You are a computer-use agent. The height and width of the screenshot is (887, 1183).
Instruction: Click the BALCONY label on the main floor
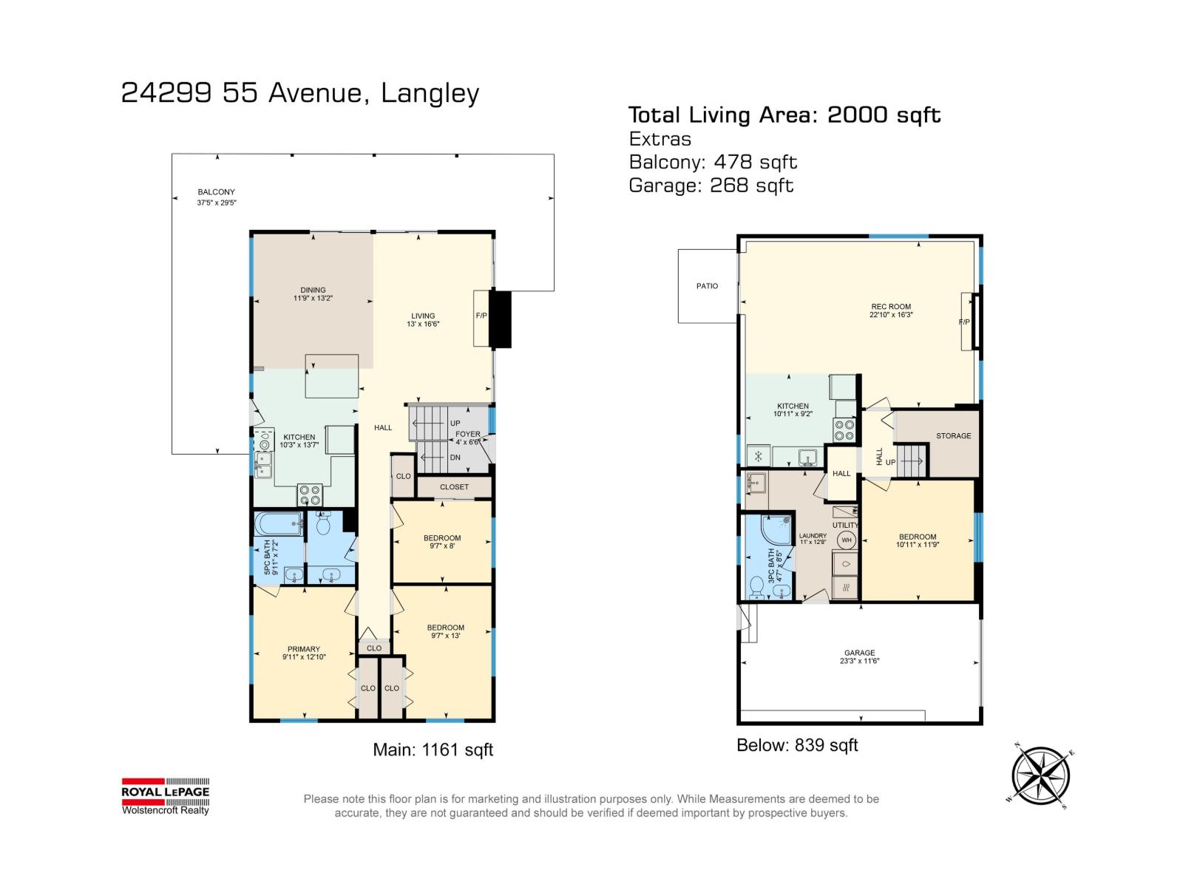[x=216, y=191]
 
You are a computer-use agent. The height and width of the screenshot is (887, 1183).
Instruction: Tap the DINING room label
[x=313, y=290]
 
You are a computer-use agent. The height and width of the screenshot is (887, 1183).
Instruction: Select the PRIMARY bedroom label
[x=303, y=649]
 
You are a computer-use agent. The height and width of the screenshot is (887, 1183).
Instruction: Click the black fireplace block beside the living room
[x=500, y=319]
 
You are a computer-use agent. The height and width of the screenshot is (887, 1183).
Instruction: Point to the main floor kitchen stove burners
[x=309, y=495]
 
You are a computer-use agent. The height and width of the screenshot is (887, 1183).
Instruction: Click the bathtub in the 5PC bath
[x=278, y=523]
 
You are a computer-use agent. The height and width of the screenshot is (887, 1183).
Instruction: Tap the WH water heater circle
[x=846, y=540]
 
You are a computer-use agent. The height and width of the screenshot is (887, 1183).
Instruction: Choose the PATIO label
[x=707, y=286]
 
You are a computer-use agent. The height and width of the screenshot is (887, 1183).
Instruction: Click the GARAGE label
[x=859, y=653]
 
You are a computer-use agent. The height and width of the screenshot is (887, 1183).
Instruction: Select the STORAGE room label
[x=953, y=435]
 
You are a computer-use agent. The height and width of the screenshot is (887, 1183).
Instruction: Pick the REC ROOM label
[x=891, y=307]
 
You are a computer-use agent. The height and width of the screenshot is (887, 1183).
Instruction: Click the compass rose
[x=1040, y=776]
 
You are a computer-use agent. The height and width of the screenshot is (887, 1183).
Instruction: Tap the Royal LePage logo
[x=166, y=796]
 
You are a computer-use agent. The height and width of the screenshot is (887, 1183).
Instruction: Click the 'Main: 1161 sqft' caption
[x=433, y=750]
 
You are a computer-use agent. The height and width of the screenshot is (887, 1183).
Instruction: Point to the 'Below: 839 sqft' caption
[x=796, y=745]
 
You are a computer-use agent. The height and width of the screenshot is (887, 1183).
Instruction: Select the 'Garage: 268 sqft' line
[x=711, y=186]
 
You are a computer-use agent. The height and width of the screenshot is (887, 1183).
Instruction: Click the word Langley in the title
[x=430, y=94]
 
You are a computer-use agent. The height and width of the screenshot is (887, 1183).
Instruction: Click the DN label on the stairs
[x=455, y=458]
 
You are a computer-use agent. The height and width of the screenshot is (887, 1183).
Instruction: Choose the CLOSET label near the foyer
[x=454, y=487]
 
